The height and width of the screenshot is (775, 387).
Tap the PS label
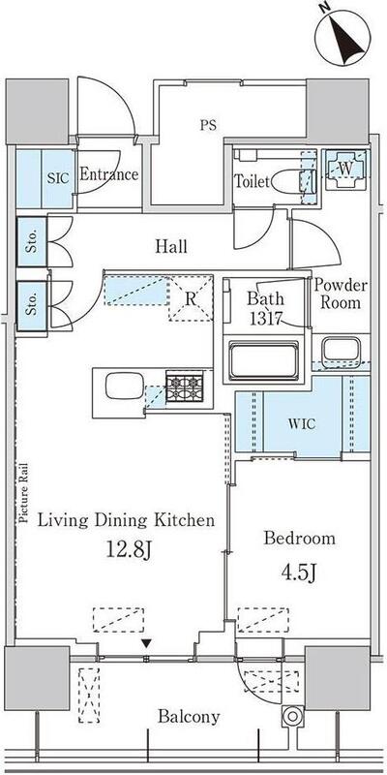(x=208, y=125)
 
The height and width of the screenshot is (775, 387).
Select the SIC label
(x=57, y=178)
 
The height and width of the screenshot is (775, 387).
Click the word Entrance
(x=108, y=174)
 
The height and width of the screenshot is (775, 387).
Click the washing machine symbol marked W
(x=345, y=169)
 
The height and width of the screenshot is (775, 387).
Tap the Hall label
(x=171, y=246)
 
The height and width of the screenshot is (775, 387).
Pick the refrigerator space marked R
(x=191, y=298)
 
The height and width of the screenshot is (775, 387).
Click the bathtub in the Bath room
(x=265, y=359)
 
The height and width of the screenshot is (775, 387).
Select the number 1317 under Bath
(x=264, y=319)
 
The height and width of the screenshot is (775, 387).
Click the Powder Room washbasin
(x=341, y=351)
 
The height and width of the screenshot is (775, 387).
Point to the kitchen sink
(x=125, y=386)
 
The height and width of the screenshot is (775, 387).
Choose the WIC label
(x=303, y=423)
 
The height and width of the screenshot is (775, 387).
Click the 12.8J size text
(x=129, y=551)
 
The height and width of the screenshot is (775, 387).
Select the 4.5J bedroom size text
(x=299, y=573)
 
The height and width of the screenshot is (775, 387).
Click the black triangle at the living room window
(x=146, y=643)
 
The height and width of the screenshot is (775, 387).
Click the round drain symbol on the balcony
(x=292, y=716)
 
